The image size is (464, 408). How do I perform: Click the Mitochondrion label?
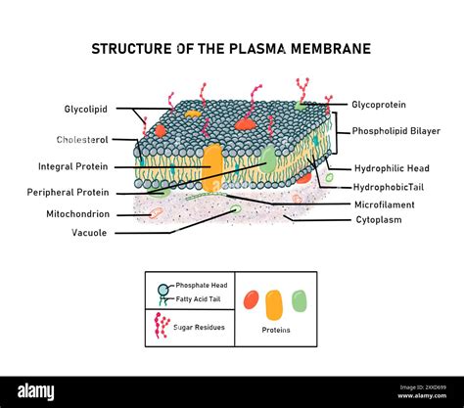click(78, 213)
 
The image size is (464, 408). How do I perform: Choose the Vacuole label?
click(89, 233)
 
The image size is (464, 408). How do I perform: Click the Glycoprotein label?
click(379, 105)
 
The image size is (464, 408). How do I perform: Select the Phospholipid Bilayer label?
click(395, 131)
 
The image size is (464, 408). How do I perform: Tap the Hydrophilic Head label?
click(391, 168)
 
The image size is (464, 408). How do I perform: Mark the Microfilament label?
click(385, 204)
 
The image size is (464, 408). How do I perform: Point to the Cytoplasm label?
click(379, 220)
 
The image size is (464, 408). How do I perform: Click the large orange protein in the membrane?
click(212, 167)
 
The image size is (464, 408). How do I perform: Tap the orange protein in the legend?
click(275, 303)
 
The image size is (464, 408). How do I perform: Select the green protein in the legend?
click(300, 300)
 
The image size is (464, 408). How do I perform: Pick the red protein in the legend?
click(252, 299)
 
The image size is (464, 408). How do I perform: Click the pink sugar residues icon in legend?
click(162, 326)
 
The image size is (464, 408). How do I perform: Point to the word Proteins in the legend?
click(276, 330)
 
